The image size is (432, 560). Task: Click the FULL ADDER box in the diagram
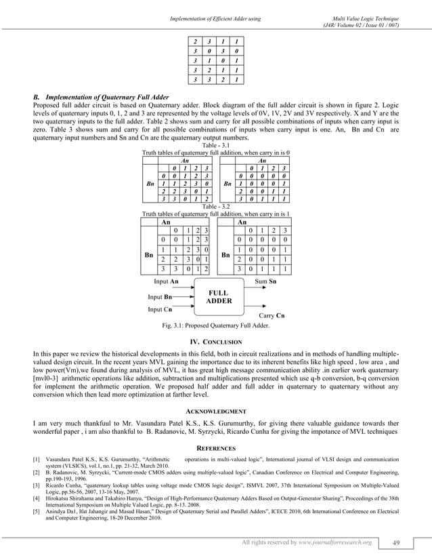(219, 297)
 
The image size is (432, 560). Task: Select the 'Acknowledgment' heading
(215, 412)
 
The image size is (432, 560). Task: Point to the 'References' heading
(215, 448)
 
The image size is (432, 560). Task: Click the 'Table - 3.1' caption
(216, 145)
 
